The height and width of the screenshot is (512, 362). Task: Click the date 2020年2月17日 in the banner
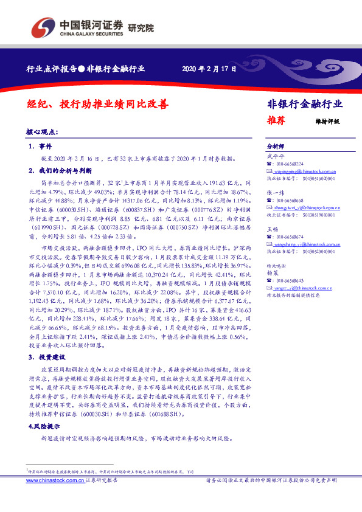[209, 69]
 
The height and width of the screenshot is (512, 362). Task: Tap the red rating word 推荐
[277, 120]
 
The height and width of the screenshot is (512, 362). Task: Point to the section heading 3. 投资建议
[46, 358]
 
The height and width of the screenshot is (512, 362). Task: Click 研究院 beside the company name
[141, 27]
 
